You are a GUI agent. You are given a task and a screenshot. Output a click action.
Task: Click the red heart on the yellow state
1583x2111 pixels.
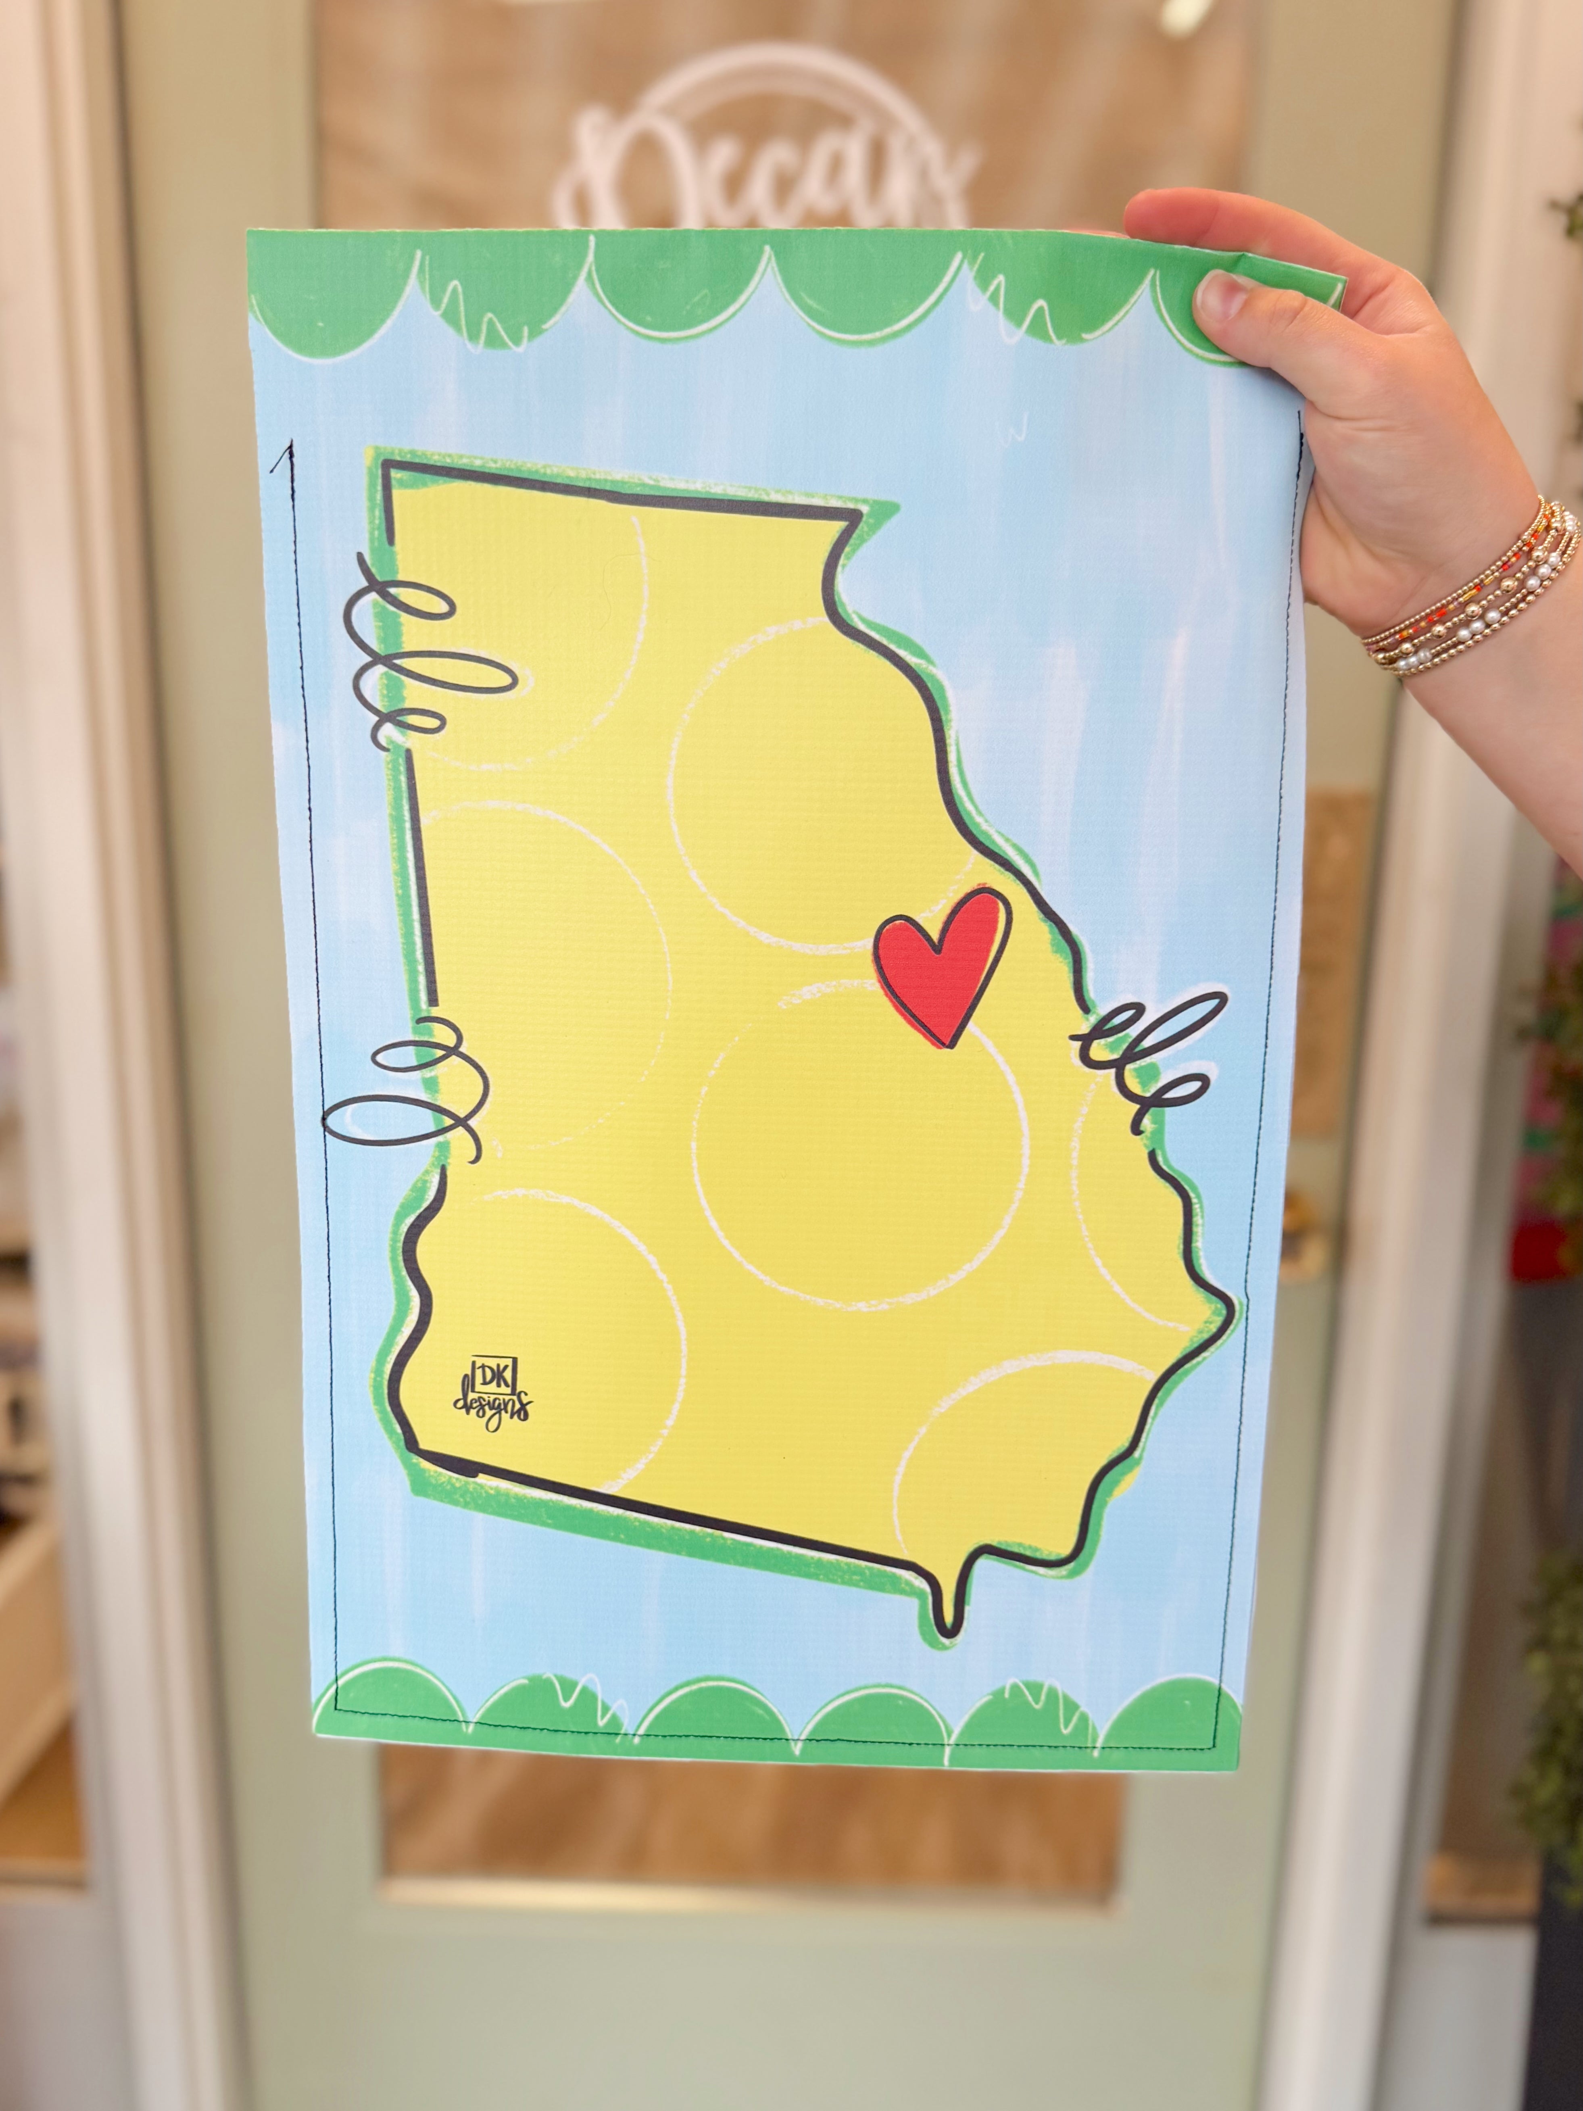(940, 964)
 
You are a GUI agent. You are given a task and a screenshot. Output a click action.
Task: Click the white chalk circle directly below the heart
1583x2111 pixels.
(859, 1145)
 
